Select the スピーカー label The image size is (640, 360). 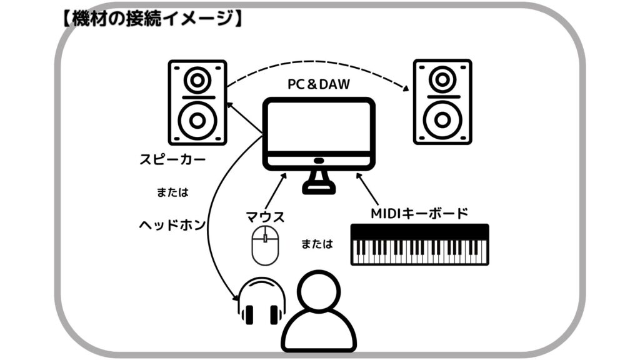[x=172, y=160]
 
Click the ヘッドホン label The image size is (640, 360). [x=172, y=224]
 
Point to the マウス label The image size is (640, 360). [x=266, y=217]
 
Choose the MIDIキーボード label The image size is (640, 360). [x=419, y=213]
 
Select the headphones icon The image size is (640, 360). [x=261, y=301]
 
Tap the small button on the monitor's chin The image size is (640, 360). [x=319, y=161]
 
